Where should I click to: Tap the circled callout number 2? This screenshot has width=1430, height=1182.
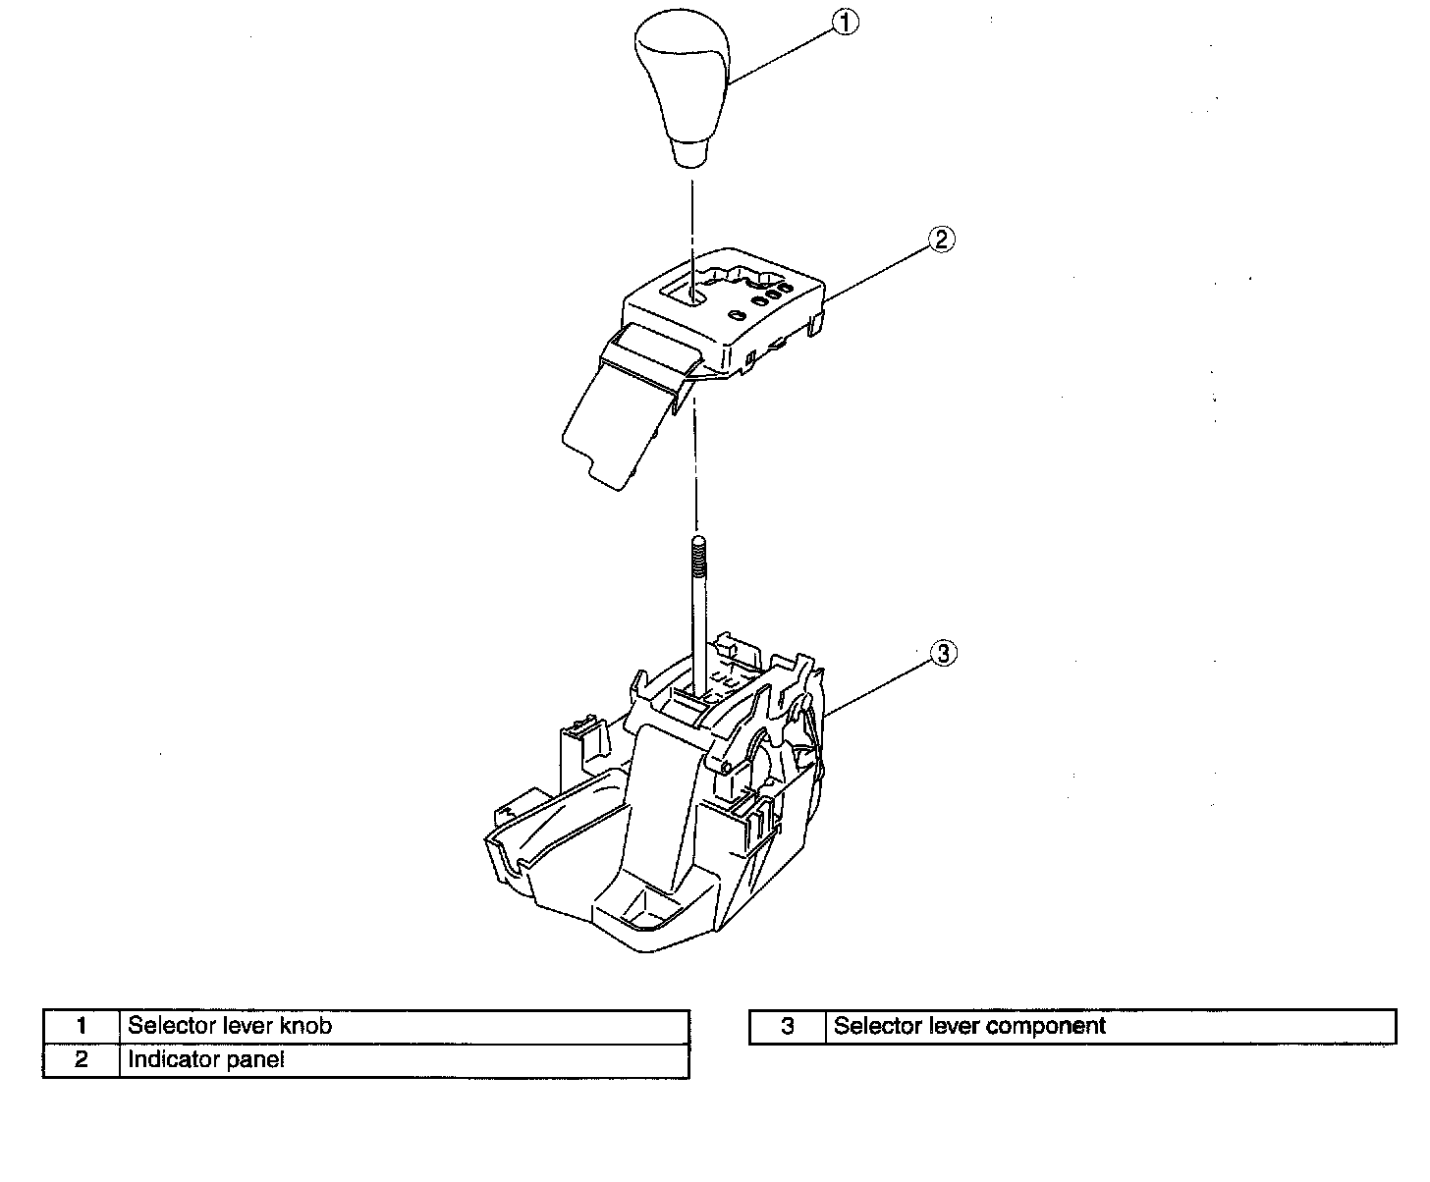click(x=941, y=239)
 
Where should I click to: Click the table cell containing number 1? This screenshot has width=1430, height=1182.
click(x=82, y=1027)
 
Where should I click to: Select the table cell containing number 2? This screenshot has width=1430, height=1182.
click(x=82, y=1060)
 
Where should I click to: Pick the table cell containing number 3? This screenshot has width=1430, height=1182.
click(x=787, y=1027)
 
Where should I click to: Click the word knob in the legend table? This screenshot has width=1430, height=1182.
click(x=306, y=1027)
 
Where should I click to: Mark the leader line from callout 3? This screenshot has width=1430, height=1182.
click(x=879, y=684)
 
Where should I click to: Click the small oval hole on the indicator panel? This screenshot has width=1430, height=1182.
click(x=737, y=315)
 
